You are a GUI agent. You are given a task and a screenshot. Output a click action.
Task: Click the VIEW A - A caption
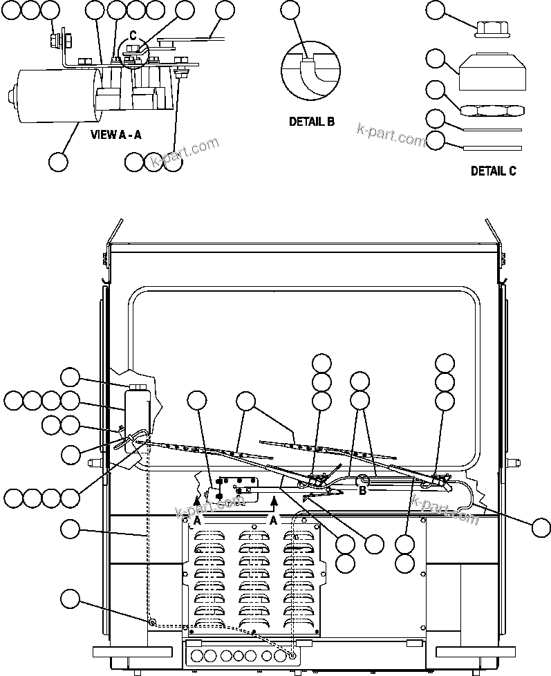coord(116,135)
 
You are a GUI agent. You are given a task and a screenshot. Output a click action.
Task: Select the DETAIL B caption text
coord(311,122)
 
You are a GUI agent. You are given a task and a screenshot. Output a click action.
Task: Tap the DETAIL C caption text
coord(493,171)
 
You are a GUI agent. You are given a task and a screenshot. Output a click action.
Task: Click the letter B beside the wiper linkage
coord(361,490)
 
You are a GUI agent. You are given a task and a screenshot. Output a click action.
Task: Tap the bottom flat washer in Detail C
coord(492,147)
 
